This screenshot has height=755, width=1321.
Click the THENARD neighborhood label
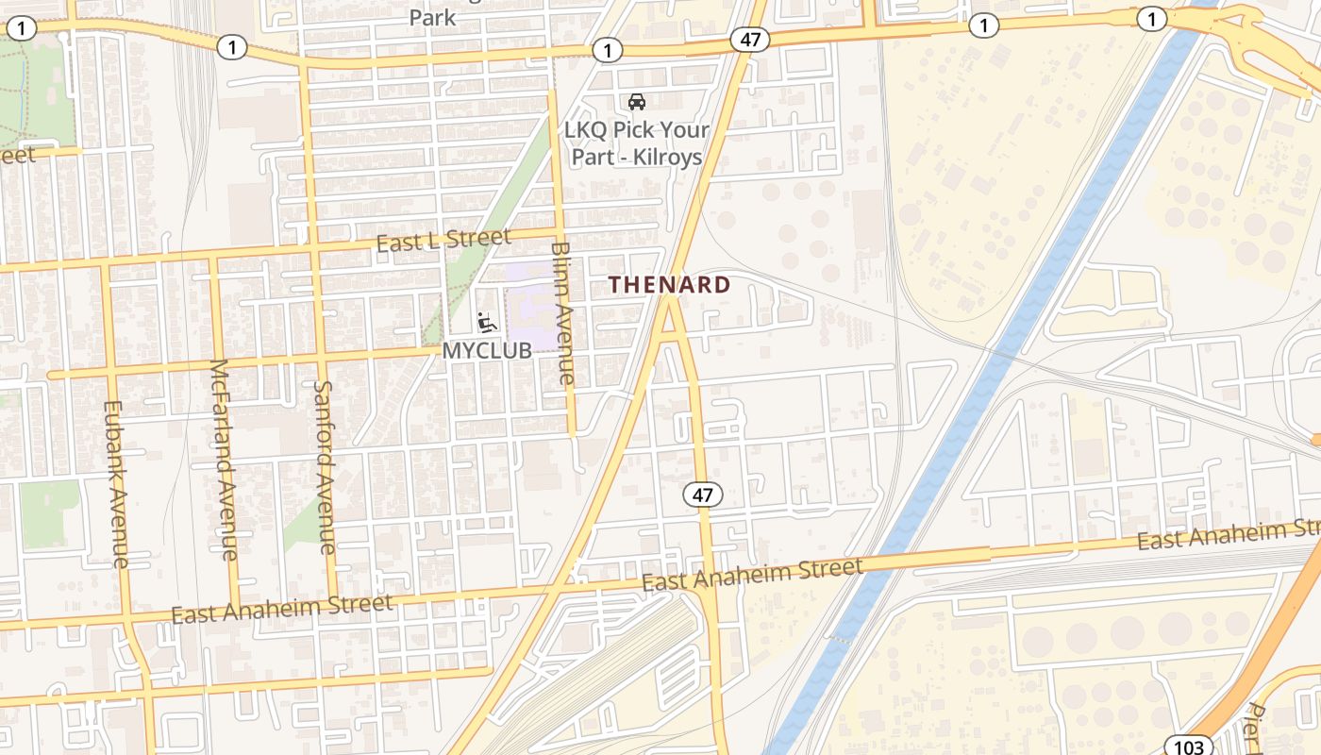coord(669,284)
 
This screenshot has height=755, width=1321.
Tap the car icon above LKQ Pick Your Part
coord(637,102)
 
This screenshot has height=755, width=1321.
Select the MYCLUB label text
coord(487,350)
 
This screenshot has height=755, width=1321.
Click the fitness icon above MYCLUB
coord(487,323)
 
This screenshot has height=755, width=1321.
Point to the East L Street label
coord(443,240)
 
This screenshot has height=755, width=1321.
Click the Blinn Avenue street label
coord(561,312)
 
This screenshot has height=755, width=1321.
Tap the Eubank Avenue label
coord(114,484)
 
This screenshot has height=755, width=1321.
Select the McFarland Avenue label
coord(225,459)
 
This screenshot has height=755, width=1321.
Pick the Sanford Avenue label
coord(324,466)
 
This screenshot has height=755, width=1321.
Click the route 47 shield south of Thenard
coord(703,495)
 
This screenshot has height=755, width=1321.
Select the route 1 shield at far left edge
coord(21,28)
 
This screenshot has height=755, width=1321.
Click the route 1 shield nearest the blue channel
coord(1151,19)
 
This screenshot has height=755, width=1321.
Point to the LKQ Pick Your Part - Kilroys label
coord(637,143)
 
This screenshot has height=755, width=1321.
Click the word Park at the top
coord(432,17)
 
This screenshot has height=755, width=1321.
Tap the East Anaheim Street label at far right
coord(1227,533)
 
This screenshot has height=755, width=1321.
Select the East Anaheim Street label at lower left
coord(281,609)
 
